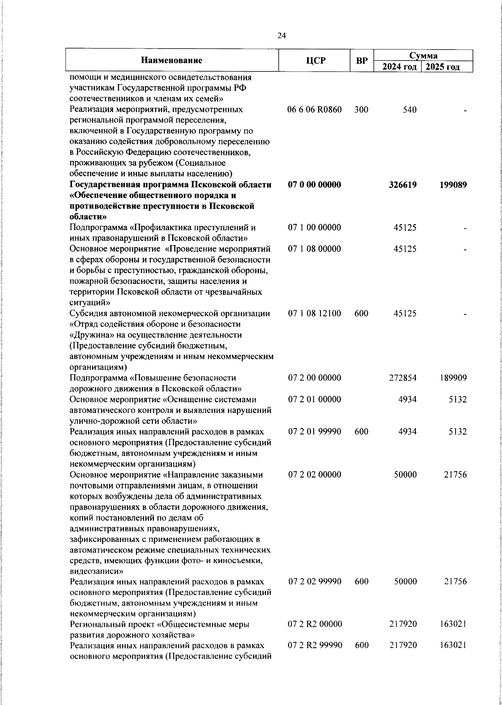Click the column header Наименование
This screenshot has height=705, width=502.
pyautogui.click(x=172, y=61)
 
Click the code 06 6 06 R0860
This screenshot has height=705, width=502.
pyautogui.click(x=315, y=110)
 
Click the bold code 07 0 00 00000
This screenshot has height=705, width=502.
pyautogui.click(x=315, y=185)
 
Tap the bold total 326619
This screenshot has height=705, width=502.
pyautogui.click(x=402, y=185)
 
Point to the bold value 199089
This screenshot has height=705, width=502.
pyautogui.click(x=453, y=185)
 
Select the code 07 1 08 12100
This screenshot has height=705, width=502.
pyautogui.click(x=315, y=313)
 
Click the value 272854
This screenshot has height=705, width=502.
pyautogui.click(x=402, y=378)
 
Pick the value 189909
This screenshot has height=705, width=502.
pyautogui.click(x=453, y=378)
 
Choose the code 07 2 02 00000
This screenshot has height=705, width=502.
pyautogui.click(x=315, y=475)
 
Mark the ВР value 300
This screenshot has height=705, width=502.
pyautogui.click(x=361, y=110)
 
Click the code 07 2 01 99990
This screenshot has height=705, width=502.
pyautogui.click(x=315, y=432)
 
